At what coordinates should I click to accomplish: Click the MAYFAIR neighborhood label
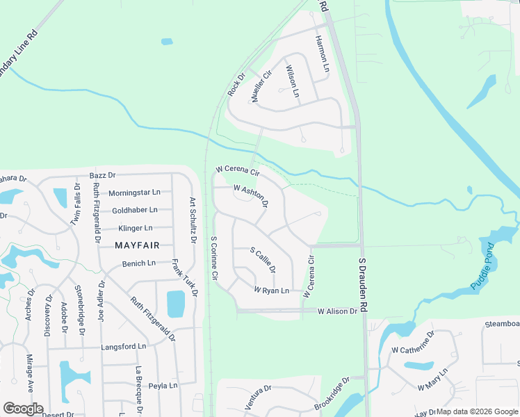pyautogui.click(x=137, y=245)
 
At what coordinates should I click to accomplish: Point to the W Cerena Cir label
pyautogui.click(x=237, y=170)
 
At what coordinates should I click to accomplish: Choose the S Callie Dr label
pyautogui.click(x=262, y=261)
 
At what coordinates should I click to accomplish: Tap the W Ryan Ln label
pyautogui.click(x=271, y=291)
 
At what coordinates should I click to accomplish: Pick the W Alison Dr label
pyautogui.click(x=337, y=312)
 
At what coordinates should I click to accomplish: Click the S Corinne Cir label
pyautogui.click(x=214, y=259)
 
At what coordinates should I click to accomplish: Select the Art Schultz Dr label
pyautogui.click(x=193, y=221)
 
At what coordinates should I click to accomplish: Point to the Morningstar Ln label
pyautogui.click(x=134, y=192)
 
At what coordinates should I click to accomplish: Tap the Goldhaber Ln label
pyautogui.click(x=134, y=210)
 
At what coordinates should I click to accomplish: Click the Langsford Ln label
pyautogui.click(x=124, y=346)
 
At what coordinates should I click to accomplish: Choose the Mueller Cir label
pyautogui.click(x=261, y=87)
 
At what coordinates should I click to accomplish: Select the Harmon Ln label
pyautogui.click(x=321, y=54)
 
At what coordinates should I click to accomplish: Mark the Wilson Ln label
pyautogui.click(x=292, y=81)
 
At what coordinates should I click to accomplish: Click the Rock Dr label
pyautogui.click(x=237, y=85)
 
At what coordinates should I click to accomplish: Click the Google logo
pyautogui.click(x=24, y=409)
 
